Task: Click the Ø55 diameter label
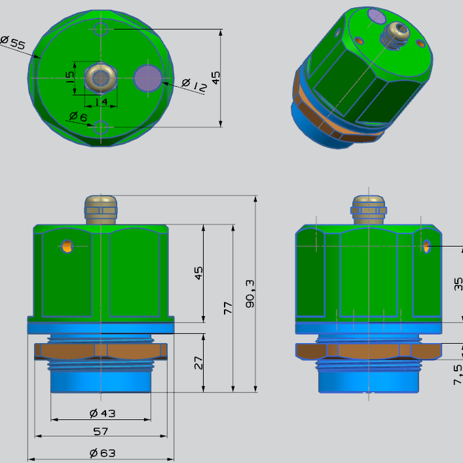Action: pyautogui.click(x=12, y=44)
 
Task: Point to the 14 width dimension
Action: pyautogui.click(x=101, y=102)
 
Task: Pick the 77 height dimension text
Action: pyautogui.click(x=228, y=308)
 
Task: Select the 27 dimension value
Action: pyautogui.click(x=198, y=363)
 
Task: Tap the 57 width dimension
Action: pyautogui.click(x=101, y=431)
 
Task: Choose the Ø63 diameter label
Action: pyautogui.click(x=102, y=453)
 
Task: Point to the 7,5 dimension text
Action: pyautogui.click(x=458, y=373)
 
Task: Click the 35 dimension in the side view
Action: pyautogui.click(x=458, y=283)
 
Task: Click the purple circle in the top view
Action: pyautogui.click(x=147, y=77)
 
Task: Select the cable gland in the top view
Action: pyautogui.click(x=100, y=78)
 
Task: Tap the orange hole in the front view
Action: pyautogui.click(x=67, y=247)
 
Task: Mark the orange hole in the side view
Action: pyautogui.click(x=426, y=246)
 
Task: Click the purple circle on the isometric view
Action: pyautogui.click(x=377, y=16)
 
